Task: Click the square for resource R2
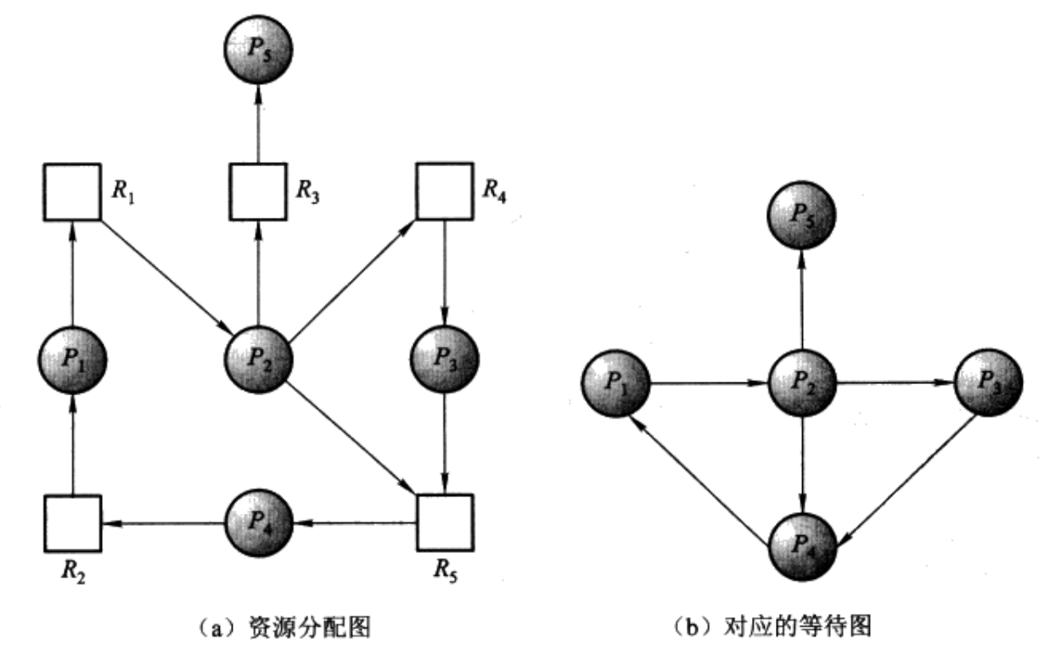73,523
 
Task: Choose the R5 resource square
444,523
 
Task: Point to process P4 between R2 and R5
258,523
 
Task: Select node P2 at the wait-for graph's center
802,383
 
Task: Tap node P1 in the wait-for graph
616,383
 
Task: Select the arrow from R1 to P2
166,275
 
